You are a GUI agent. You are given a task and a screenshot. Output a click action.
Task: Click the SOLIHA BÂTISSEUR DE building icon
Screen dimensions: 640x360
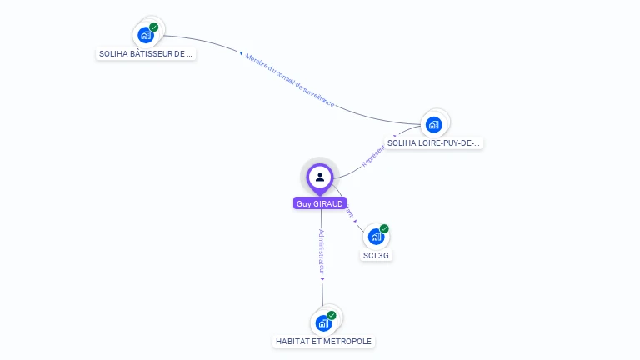click(x=146, y=35)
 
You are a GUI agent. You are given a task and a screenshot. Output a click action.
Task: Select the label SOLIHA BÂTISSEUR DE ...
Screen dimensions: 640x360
click(x=146, y=53)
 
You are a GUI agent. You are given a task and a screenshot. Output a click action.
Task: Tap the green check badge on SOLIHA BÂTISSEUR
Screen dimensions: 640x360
click(x=154, y=27)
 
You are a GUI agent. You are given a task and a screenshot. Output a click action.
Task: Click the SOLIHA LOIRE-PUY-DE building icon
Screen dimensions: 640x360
click(x=433, y=125)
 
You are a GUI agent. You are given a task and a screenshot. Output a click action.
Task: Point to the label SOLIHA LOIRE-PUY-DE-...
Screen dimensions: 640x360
click(x=434, y=142)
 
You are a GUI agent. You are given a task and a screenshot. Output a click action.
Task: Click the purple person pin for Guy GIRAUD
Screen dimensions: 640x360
click(x=320, y=177)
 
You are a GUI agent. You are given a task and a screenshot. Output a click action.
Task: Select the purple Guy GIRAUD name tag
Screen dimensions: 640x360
click(x=320, y=203)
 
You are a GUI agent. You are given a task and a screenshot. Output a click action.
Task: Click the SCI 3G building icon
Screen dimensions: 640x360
click(x=376, y=237)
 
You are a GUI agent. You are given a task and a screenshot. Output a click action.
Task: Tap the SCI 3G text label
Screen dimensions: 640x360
click(x=376, y=255)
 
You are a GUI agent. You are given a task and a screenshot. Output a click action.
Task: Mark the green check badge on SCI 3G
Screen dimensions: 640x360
click(x=384, y=228)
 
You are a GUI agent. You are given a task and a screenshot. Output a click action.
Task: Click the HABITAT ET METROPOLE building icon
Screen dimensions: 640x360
click(x=323, y=322)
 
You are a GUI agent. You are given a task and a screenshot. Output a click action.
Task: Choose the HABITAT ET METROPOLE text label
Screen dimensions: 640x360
click(x=324, y=341)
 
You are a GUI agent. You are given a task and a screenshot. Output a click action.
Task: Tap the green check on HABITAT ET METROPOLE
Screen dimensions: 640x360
click(x=332, y=315)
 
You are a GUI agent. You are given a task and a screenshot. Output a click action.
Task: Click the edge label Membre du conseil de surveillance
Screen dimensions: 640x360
click(x=289, y=81)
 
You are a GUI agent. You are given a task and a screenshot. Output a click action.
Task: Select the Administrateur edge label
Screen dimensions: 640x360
click(x=322, y=251)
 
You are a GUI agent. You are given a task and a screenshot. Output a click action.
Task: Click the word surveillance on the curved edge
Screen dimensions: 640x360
click(x=317, y=97)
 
